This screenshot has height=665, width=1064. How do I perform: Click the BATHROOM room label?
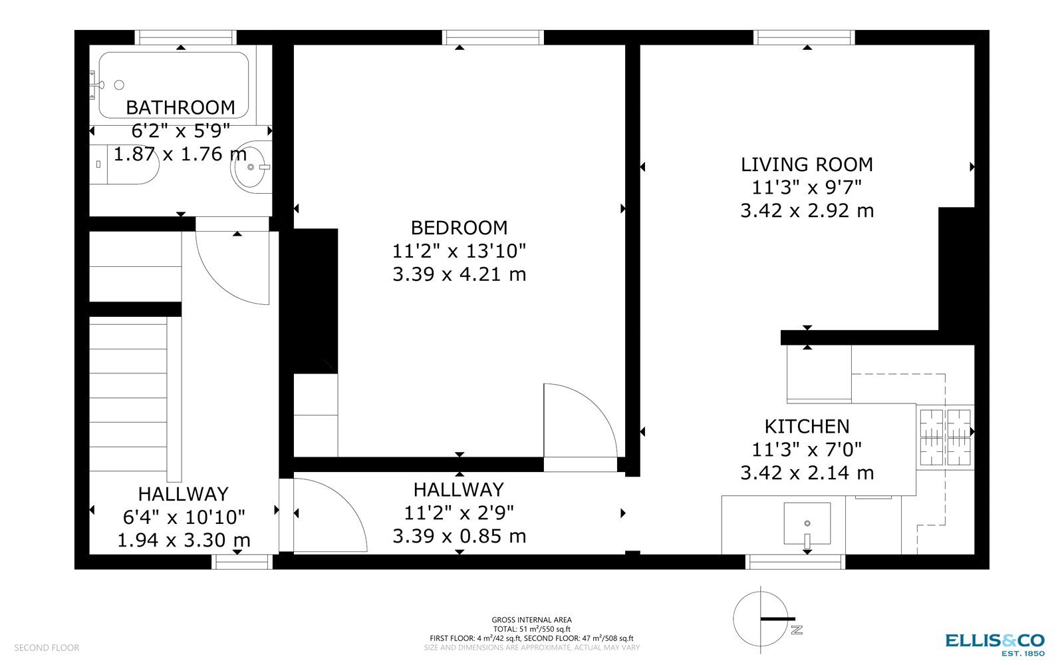(180, 107)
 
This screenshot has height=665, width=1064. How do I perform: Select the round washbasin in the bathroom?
(251, 167)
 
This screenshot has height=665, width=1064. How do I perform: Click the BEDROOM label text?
(459, 228)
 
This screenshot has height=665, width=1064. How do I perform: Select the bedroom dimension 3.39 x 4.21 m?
(459, 274)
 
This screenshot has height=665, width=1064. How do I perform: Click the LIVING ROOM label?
(807, 164)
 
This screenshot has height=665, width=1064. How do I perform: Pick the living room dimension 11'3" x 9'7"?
(807, 188)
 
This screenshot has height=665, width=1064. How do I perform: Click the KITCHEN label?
(807, 426)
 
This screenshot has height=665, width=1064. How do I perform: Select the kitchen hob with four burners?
(945, 437)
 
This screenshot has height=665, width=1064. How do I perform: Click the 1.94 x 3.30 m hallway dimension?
(184, 540)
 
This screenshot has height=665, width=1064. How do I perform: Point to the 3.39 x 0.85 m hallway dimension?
(459, 536)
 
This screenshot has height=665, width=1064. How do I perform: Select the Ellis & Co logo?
(995, 642)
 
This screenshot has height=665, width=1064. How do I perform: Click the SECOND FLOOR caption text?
(47, 648)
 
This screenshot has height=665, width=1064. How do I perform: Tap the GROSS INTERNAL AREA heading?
(531, 620)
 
